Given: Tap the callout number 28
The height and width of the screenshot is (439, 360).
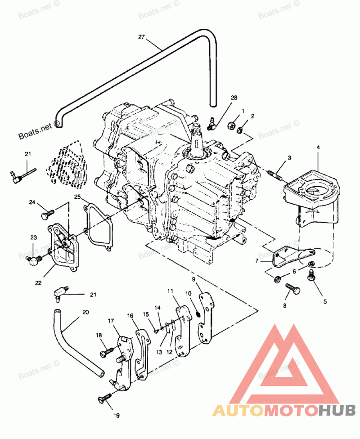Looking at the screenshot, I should pyautogui.click(x=234, y=98).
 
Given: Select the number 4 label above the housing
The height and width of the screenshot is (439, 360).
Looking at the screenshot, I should pyautogui.click(x=318, y=148).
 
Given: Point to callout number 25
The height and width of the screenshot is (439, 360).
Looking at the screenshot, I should pyautogui.click(x=77, y=197).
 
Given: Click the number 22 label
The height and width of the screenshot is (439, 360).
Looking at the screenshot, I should pyautogui.click(x=38, y=283).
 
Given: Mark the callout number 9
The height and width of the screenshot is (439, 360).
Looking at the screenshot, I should pyautogui.click(x=194, y=279).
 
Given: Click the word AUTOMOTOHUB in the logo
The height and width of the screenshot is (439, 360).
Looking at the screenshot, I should pyautogui.click(x=284, y=410).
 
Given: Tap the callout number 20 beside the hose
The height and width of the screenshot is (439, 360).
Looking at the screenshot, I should pyautogui.click(x=85, y=312).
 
